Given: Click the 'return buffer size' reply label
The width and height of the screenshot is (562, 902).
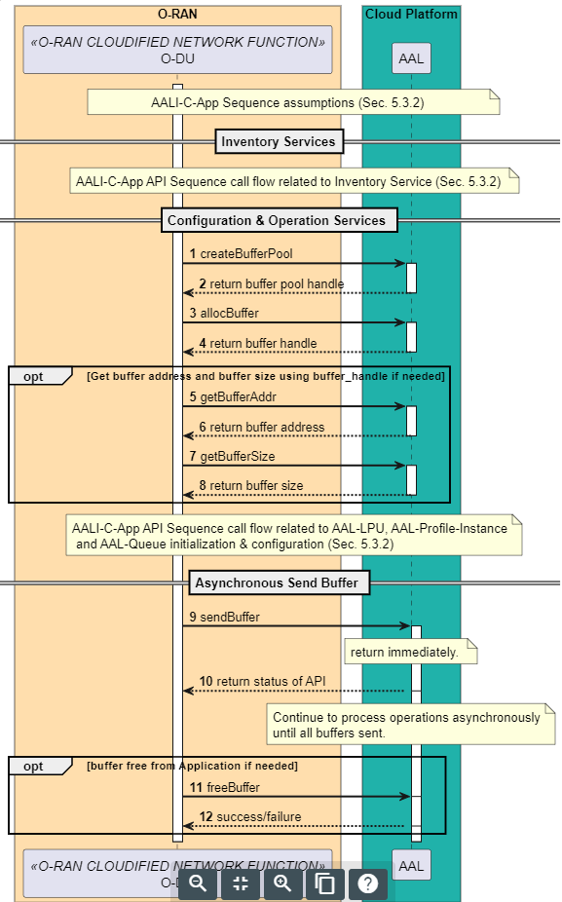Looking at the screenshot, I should click(x=250, y=485).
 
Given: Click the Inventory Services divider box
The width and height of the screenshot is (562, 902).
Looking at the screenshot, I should click(x=279, y=142).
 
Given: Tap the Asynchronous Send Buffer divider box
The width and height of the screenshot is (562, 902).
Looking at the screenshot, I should click(x=279, y=583).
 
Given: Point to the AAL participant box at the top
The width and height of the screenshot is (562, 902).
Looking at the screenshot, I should click(x=411, y=58).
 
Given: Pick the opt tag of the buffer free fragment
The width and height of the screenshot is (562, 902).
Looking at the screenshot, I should click(x=33, y=766).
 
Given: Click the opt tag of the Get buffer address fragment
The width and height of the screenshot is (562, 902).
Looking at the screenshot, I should click(x=33, y=376).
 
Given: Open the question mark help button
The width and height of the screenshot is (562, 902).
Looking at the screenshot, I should click(x=367, y=883).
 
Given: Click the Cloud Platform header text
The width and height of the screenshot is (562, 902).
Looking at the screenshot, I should click(x=411, y=15).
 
